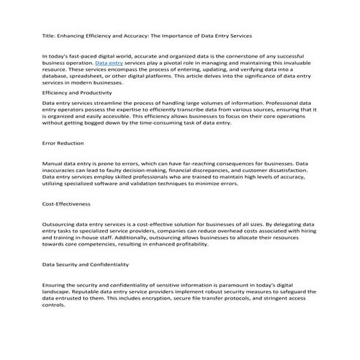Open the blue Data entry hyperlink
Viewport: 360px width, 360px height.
click(109, 63)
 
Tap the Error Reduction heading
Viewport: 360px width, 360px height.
click(63, 144)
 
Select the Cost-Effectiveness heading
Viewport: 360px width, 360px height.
click(66, 204)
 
